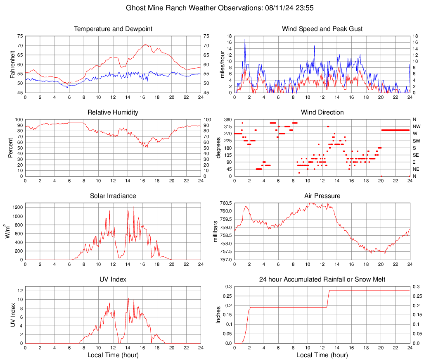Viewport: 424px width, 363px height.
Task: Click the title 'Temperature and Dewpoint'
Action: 113,29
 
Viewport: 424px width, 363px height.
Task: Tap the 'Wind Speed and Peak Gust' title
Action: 322,29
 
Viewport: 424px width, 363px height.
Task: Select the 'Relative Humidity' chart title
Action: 113,112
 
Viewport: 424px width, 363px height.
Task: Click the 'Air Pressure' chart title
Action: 322,196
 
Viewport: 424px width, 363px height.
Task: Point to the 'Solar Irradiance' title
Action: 113,196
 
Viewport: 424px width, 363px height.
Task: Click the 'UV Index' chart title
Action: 113,279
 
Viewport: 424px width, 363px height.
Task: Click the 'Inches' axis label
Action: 219,315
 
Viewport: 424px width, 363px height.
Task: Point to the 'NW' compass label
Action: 417,127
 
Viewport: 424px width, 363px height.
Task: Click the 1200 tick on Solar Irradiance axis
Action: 16,205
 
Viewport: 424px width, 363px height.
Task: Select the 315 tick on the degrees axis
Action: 227,127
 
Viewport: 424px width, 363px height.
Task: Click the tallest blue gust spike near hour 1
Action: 245,39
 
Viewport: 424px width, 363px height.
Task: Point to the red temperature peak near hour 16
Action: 145,44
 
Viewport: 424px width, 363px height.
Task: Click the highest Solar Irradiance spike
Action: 134,207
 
